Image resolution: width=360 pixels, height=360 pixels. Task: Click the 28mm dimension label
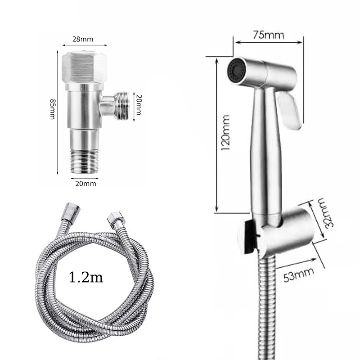(83, 39)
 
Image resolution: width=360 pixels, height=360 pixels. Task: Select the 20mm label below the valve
(85, 184)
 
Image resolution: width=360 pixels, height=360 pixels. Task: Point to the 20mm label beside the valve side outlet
(139, 105)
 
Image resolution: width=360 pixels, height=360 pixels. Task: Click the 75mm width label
(269, 35)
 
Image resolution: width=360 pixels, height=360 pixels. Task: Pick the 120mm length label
(225, 132)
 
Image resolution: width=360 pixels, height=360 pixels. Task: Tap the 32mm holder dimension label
(326, 213)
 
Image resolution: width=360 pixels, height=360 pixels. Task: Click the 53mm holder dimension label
(298, 274)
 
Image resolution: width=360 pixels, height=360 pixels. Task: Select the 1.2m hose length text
(86, 277)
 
